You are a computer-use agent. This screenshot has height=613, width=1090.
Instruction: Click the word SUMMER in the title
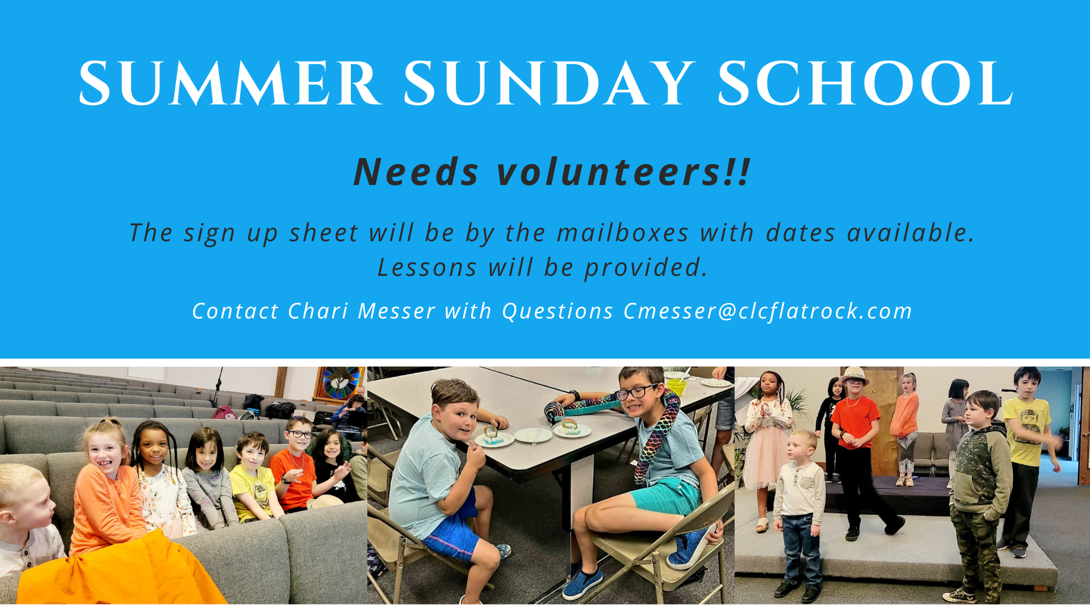click(230, 83)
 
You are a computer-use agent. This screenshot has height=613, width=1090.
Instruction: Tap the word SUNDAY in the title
click(550, 83)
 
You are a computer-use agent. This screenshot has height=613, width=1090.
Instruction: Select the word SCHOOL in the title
click(865, 83)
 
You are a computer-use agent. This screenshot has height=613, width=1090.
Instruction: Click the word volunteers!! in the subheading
click(623, 171)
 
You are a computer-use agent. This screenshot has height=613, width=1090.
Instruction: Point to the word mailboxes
click(623, 233)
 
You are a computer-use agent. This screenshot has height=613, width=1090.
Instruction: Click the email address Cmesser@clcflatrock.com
click(768, 311)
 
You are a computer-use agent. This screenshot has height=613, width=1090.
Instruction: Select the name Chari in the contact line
click(318, 311)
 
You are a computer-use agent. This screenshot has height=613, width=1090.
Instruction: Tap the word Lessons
click(427, 267)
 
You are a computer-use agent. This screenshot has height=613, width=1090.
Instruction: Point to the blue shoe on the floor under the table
click(582, 585)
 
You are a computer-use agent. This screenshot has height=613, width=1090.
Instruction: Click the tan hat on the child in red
click(854, 375)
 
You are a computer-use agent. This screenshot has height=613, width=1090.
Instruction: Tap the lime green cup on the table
click(676, 387)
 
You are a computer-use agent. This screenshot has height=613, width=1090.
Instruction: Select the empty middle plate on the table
click(533, 435)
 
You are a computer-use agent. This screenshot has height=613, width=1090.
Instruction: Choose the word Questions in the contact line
click(557, 312)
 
